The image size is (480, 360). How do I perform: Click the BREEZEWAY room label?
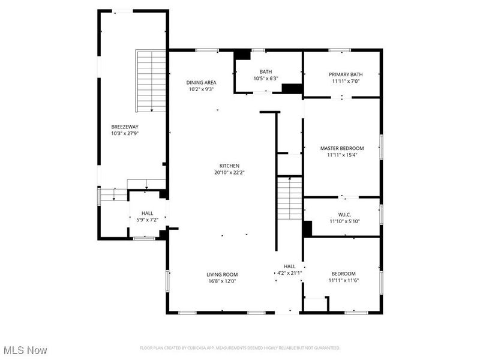125,127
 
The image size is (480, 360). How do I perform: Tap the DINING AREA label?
200,82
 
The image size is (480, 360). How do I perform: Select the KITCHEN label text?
212,166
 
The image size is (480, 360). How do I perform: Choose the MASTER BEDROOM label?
342,148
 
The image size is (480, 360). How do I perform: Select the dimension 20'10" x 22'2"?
212,172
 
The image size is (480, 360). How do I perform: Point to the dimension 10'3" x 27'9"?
125,133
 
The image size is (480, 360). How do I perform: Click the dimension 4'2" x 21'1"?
289,273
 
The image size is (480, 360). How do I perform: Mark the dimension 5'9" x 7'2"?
147,220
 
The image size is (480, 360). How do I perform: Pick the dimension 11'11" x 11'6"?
342,280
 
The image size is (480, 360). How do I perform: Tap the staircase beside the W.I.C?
289,198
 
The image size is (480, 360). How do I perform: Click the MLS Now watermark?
25,349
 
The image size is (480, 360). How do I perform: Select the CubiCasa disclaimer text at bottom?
240,348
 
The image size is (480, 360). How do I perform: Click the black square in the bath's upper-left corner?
242,55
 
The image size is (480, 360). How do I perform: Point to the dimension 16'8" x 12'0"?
223,281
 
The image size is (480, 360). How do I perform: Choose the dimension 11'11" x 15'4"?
342,154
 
